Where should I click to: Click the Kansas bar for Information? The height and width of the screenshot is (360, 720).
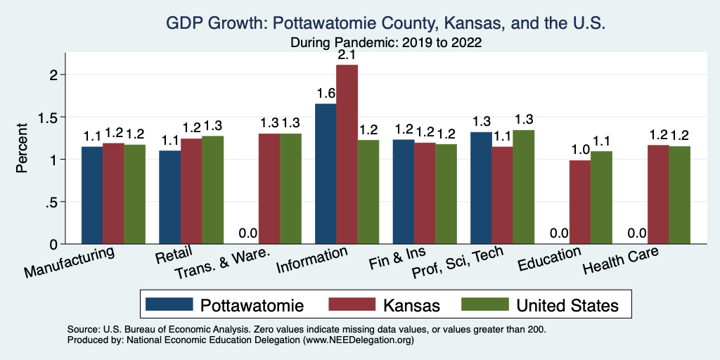(x=347, y=155)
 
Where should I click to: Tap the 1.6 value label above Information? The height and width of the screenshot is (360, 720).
(x=326, y=94)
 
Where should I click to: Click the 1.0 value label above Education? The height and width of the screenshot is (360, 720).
(x=580, y=150)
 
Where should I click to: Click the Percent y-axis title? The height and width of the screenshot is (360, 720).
(x=22, y=148)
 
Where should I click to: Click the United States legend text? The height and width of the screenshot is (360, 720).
(x=567, y=305)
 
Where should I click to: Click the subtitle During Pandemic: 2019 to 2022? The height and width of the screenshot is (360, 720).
(x=385, y=42)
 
